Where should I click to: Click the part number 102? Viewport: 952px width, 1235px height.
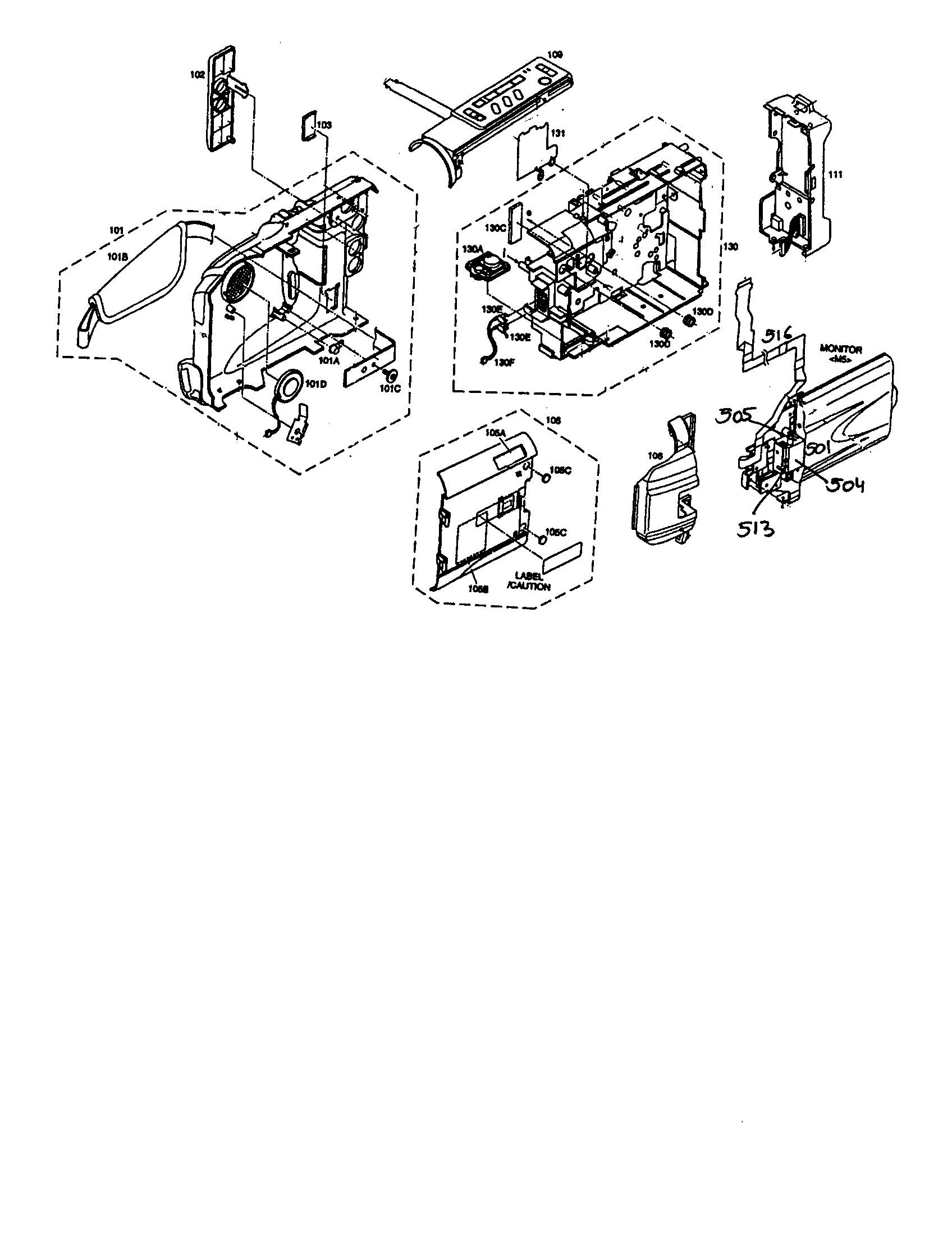click(x=196, y=74)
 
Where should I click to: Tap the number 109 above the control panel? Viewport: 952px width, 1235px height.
click(x=555, y=55)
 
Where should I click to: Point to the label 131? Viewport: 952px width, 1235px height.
click(x=557, y=134)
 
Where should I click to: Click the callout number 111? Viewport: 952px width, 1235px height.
click(x=835, y=175)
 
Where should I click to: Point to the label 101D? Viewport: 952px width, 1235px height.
click(x=316, y=385)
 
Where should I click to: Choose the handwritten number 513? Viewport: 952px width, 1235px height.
click(x=755, y=530)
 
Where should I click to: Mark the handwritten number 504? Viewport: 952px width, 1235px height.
click(x=846, y=485)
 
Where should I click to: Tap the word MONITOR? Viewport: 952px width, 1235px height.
click(x=841, y=350)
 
